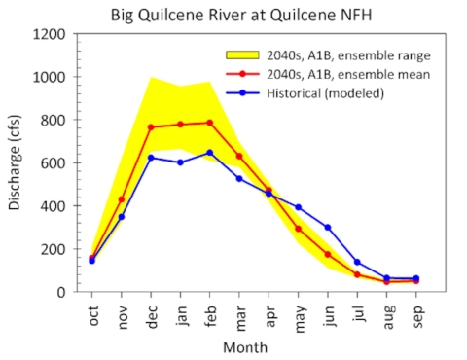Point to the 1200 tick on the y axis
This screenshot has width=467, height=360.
pos(49,34)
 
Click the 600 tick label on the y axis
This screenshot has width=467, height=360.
pos(53,163)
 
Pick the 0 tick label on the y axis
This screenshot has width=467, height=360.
pos(61,292)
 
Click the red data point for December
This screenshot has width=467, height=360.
pos(151,127)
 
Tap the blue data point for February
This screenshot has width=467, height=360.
pos(210,153)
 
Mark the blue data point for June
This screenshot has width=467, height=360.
pos(328,228)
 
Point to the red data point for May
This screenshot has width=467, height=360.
pos(299,229)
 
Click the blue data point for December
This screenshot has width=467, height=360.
pos(151,158)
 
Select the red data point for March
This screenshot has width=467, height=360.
pos(239,156)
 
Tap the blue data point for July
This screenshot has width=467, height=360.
pos(357,262)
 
